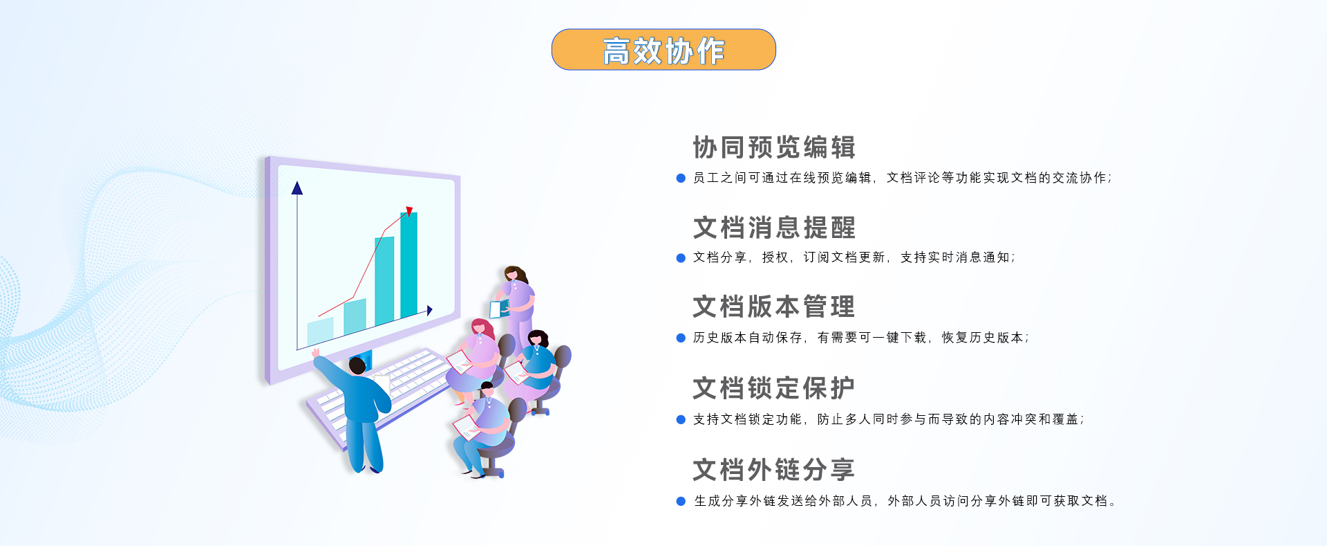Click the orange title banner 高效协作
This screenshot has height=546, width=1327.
[x=663, y=49]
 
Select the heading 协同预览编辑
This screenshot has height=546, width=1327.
[x=774, y=147]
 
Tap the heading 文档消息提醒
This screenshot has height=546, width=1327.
[x=774, y=228]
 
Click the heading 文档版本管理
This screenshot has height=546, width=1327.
[x=774, y=307]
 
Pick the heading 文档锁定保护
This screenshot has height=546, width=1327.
[x=774, y=388]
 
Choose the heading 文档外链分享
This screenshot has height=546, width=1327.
[x=774, y=470]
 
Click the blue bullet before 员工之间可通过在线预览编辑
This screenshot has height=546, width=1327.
[x=681, y=179]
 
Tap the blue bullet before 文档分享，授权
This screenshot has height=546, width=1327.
[x=681, y=258]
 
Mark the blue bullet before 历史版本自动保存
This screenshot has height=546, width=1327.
[x=681, y=338]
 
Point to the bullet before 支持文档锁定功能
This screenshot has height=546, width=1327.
[x=681, y=419]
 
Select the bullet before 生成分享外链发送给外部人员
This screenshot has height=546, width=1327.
[x=681, y=501]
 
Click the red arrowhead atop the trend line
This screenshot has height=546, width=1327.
[x=409, y=210]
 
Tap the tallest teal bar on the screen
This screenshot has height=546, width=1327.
[x=408, y=265]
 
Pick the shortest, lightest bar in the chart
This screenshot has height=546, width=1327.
[x=320, y=330]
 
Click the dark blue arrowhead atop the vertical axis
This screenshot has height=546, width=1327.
[x=297, y=188]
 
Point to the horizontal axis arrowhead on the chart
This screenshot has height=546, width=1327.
[x=429, y=311]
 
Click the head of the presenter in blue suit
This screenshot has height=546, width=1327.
[x=357, y=366]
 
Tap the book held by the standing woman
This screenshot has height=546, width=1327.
[x=500, y=309]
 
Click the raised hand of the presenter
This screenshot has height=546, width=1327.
[x=316, y=353]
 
